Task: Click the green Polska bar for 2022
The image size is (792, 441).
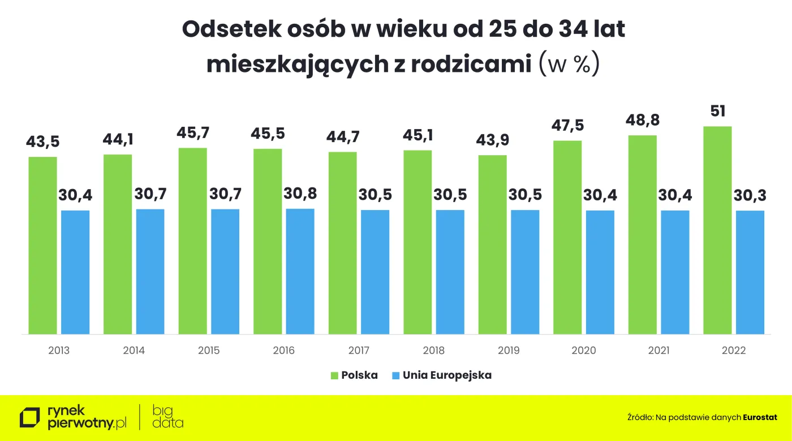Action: point(717,230)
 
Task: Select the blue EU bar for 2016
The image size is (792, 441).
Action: point(300,271)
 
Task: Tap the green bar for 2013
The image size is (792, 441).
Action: point(43,245)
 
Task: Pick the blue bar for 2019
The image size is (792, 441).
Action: point(525,272)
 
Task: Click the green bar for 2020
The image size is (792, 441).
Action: point(567,237)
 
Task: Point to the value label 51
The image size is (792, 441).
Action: point(717,110)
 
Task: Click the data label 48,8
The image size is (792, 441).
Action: point(642,120)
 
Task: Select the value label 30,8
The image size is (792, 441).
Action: point(300,194)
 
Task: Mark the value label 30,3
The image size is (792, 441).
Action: point(750,195)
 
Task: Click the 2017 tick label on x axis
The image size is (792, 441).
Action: point(359,350)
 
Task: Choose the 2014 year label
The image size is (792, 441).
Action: point(134,350)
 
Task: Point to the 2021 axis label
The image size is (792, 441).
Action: point(658,350)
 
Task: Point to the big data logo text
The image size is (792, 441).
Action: point(168,417)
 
